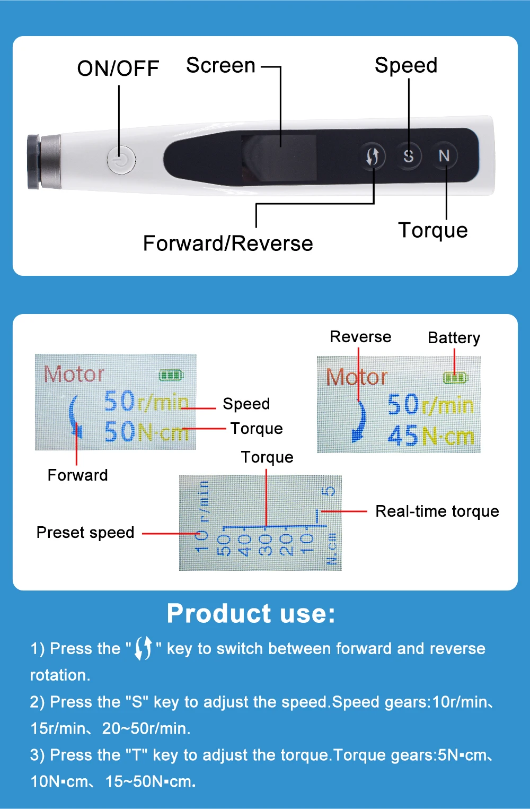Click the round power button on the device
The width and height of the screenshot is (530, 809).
(121, 159)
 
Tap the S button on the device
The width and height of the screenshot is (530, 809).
(408, 156)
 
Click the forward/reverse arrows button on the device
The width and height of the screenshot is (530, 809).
(373, 156)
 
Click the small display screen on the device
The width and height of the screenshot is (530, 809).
(279, 158)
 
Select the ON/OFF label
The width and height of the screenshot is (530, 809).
(118, 68)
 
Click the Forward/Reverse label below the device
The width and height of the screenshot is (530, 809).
(228, 243)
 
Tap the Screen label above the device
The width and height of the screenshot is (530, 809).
(221, 66)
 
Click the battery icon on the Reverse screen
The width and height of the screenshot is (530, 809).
(455, 378)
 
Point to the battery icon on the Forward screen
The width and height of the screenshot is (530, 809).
(171, 375)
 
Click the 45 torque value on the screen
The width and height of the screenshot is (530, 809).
(403, 437)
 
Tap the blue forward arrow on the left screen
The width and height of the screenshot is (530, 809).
(75, 416)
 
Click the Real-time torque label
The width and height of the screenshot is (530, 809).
(437, 511)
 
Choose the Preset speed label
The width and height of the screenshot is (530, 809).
(85, 533)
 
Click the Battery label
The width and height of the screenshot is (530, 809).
(454, 338)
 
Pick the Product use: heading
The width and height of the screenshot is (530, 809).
(251, 614)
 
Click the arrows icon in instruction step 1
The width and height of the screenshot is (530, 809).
(144, 648)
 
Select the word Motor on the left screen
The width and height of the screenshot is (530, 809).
(74, 374)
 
